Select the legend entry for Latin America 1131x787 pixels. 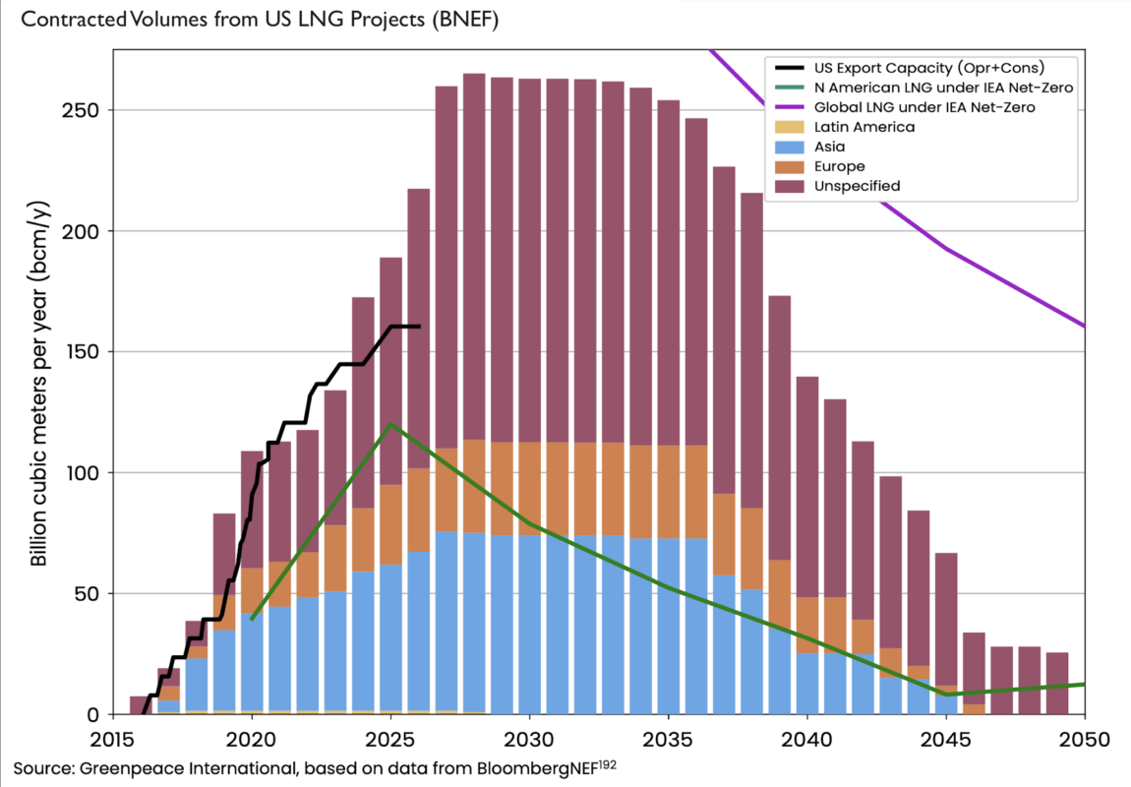(x=864, y=127)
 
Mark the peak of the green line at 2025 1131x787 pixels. (x=391, y=424)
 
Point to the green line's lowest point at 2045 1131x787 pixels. (x=946, y=695)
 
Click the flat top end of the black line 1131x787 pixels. (x=418, y=327)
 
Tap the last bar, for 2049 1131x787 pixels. (x=1057, y=683)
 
